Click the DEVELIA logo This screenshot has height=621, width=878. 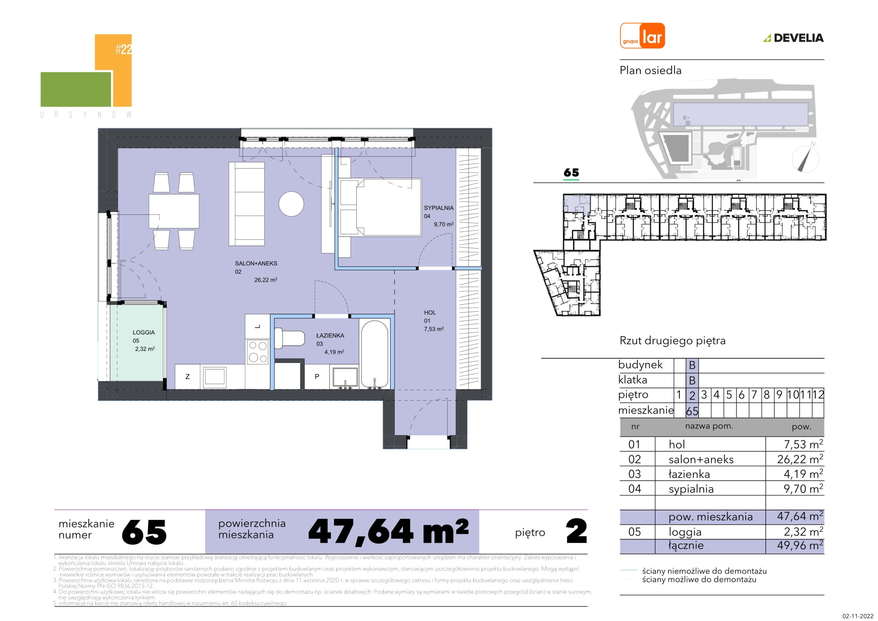point(794,38)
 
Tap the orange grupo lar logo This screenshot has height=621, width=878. point(642,36)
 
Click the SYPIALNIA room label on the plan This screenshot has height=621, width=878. point(439,208)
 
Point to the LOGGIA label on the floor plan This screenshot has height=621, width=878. point(144,332)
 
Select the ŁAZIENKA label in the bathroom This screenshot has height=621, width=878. point(330,335)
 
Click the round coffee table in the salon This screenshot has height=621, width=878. point(291,204)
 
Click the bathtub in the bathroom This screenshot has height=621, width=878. point(375,354)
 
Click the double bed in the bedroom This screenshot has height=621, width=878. point(380,207)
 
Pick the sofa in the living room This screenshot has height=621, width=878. point(247,203)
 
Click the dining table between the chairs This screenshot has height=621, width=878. point(174,212)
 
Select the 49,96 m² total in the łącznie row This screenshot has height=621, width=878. point(800,545)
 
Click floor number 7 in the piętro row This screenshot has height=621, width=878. point(754,395)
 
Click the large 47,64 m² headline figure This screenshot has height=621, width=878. point(388,531)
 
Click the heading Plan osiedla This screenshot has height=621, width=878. point(651,70)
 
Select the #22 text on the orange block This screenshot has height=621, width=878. point(123,49)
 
